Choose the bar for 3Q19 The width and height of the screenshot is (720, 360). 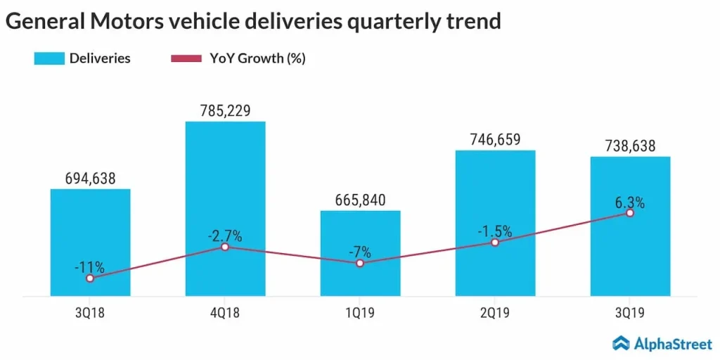630,253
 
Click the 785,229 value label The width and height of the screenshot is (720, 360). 225,110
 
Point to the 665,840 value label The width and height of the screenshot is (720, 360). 360,200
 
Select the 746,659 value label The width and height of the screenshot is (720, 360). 495,139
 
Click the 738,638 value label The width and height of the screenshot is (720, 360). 630,146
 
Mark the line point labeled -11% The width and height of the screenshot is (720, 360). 90,278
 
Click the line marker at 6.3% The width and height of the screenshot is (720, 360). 630,212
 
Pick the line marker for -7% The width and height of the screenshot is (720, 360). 360,263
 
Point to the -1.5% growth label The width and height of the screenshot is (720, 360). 495,231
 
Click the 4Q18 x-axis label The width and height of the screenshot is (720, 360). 225,313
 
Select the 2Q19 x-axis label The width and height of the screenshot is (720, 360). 495,313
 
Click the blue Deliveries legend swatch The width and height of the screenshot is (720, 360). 49,58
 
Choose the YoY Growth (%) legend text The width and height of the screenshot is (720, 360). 257,58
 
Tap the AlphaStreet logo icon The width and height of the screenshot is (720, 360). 622,342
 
